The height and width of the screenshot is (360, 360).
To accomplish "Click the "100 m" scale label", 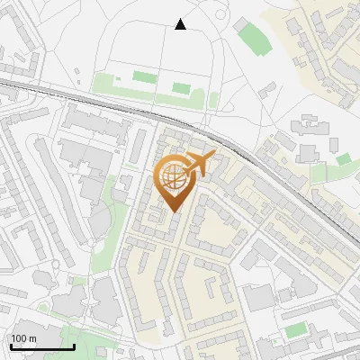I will (23, 338).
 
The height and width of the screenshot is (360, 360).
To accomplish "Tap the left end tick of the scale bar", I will (10, 346).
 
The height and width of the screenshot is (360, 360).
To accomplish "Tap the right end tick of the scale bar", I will (74, 346).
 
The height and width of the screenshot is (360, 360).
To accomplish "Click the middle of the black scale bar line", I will (41, 346).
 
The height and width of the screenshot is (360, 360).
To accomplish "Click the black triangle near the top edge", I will (180, 24).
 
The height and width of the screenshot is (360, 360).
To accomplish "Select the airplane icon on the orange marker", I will (200, 164).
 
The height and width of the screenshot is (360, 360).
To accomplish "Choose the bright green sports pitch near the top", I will (249, 34).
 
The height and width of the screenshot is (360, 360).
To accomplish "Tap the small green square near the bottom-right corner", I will (295, 330).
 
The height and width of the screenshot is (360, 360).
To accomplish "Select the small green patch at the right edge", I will (343, 159).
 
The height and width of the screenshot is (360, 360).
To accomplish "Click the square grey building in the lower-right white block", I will (258, 296).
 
